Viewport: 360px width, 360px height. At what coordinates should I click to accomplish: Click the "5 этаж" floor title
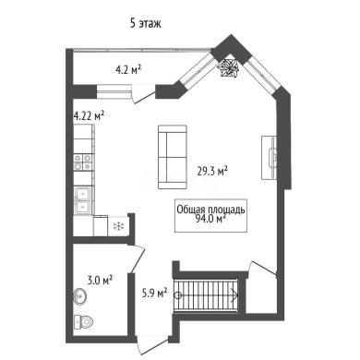click(x=146, y=23)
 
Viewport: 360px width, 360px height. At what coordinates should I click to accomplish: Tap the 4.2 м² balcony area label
click(x=128, y=70)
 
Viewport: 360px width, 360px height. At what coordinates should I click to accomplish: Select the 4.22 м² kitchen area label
click(x=89, y=116)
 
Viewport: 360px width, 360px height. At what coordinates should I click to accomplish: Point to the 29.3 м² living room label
click(x=212, y=171)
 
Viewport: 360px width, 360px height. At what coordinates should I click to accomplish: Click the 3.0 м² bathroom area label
click(x=99, y=281)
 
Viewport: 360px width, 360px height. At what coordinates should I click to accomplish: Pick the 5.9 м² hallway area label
click(x=154, y=293)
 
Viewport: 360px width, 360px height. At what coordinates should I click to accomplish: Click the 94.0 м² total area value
click(x=210, y=219)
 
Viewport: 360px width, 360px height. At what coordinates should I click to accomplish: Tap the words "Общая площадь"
click(x=210, y=210)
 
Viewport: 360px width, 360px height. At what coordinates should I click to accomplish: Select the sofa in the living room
click(x=173, y=157)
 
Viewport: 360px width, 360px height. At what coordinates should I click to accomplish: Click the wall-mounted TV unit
click(x=270, y=158)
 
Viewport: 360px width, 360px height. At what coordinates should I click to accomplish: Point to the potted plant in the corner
click(x=228, y=67)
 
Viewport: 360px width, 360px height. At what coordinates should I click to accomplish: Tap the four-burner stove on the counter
click(x=83, y=162)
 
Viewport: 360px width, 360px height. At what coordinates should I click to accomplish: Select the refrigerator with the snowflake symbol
click(x=118, y=226)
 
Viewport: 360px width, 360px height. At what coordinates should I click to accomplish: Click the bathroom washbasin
click(x=80, y=296)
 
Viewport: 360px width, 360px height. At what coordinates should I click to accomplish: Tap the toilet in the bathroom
click(x=83, y=322)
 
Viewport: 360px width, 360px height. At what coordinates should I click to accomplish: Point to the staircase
click(x=206, y=295)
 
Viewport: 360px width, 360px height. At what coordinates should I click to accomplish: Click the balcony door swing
click(x=142, y=94)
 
